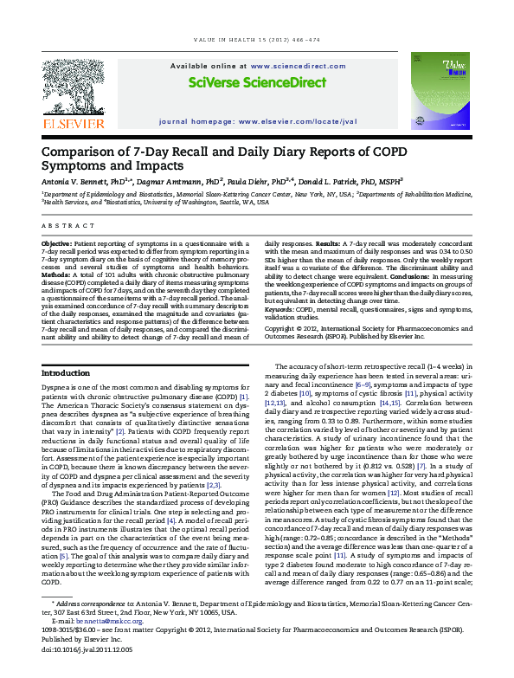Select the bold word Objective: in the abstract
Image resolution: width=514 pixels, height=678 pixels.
pyautogui.click(x=57, y=245)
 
